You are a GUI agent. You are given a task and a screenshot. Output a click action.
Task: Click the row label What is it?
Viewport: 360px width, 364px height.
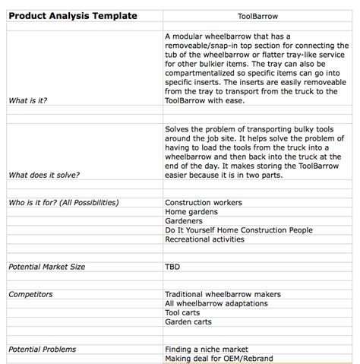pos(27,100)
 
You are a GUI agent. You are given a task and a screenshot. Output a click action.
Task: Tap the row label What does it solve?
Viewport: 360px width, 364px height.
pos(44,174)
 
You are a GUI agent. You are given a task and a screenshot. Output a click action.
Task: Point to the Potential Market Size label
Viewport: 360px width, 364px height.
pos(46,267)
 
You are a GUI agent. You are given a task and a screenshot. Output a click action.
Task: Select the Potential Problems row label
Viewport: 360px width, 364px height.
pos(42,349)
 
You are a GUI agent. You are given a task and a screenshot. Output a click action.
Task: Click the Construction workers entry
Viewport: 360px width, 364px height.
pos(204,202)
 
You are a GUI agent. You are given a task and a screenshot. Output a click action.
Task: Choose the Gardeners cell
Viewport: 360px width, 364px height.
pos(183,220)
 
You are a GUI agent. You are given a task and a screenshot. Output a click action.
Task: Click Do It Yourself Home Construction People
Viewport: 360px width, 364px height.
pos(238,229)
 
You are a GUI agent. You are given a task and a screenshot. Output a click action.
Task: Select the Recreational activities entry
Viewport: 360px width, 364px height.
pos(205,239)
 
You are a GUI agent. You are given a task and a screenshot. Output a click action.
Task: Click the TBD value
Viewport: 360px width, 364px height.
pos(172,267)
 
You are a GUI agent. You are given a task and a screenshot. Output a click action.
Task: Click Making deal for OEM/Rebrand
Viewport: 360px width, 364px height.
pos(219,358)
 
